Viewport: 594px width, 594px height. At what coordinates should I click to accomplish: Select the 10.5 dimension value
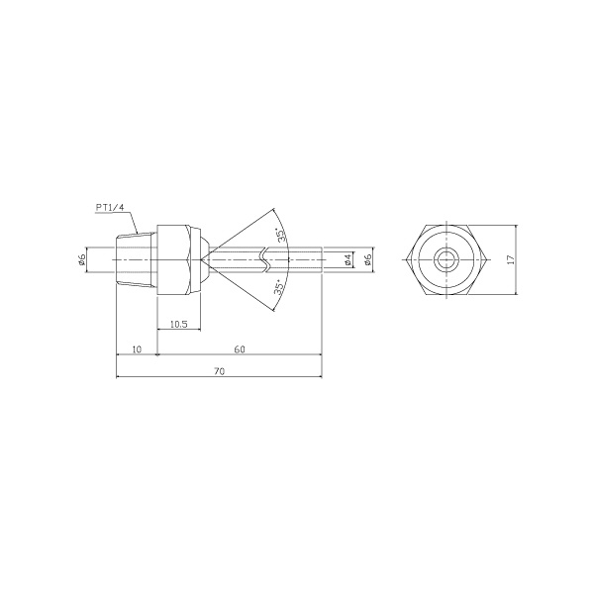point(179,324)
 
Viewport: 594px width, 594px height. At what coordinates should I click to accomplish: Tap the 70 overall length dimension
point(220,371)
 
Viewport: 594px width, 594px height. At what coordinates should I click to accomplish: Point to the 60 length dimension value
point(240,349)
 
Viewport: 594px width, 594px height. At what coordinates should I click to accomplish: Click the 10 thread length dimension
point(138,349)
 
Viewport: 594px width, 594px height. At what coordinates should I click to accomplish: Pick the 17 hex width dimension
point(511,259)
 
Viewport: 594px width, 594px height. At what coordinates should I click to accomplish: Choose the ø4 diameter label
point(348,259)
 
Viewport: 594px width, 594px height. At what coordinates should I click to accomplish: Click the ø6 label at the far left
point(82,259)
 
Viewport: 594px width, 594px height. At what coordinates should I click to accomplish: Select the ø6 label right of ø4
point(367,259)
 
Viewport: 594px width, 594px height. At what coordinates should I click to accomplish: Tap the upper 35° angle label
point(280,235)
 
